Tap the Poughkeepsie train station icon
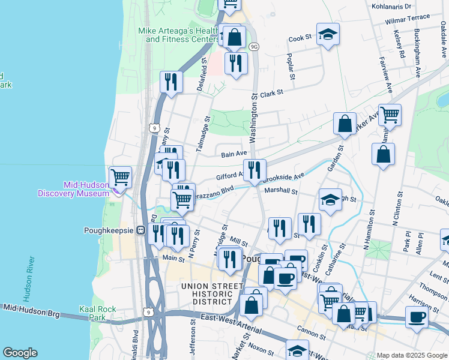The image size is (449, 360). coord(140,230)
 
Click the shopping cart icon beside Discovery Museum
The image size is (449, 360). coord(121,177)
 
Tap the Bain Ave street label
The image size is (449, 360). coord(234,154)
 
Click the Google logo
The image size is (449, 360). coord(20,353)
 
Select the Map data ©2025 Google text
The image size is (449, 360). coord(411,355)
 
